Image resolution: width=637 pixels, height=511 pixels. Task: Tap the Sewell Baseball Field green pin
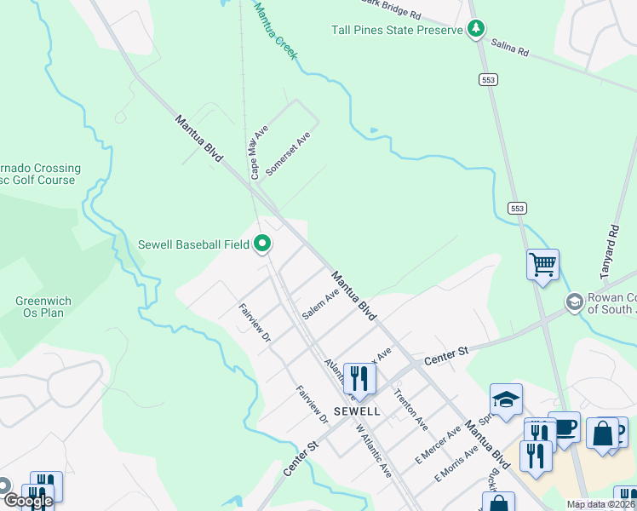263,244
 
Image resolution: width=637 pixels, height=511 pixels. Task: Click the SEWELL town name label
356,411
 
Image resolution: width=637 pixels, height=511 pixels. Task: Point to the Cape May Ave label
260,153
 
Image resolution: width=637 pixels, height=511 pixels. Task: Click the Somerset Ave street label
288,154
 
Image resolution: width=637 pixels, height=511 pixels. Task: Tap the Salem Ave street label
320,303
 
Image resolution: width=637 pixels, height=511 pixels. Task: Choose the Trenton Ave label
410,410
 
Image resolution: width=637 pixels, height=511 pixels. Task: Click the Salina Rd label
511,52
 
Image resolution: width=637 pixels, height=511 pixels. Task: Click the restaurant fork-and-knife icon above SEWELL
359,379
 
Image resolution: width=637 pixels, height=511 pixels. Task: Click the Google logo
28,501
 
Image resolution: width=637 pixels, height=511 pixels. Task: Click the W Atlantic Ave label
373,451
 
